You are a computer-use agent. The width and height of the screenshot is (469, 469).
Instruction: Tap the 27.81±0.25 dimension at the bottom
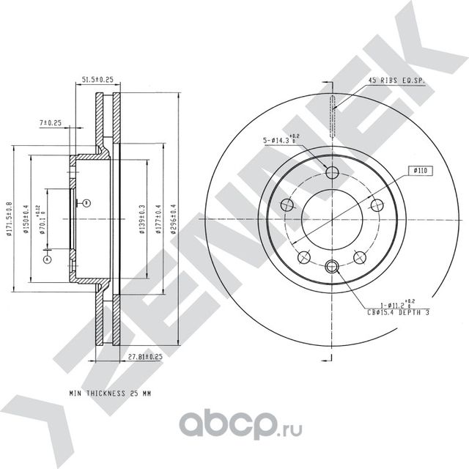144,357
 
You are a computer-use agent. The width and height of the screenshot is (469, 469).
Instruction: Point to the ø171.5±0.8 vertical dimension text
8,221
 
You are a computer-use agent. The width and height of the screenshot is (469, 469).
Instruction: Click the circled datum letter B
86,202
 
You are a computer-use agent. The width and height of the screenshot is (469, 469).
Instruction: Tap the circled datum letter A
47,259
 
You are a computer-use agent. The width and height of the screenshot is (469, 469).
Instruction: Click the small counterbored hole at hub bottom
331,267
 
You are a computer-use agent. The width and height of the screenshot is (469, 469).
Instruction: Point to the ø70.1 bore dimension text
43,221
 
